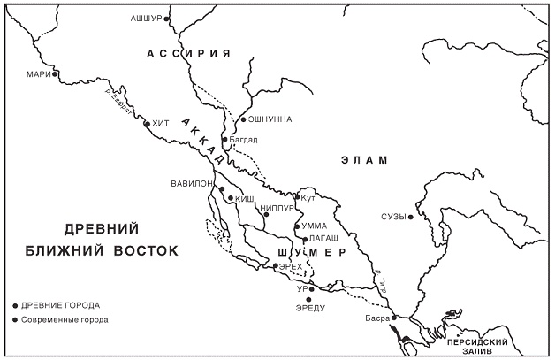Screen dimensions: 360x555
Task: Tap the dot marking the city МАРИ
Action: click(56, 74)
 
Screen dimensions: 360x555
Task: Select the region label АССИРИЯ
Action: click(187, 54)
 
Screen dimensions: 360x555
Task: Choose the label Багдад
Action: click(243, 140)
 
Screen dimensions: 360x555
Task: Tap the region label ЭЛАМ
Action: click(364, 160)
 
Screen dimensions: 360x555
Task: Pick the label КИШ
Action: click(244, 200)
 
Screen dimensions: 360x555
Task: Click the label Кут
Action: click(308, 198)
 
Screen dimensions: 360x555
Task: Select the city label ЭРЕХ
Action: click(292, 265)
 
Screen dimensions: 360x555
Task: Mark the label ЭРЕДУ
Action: click(312, 307)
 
